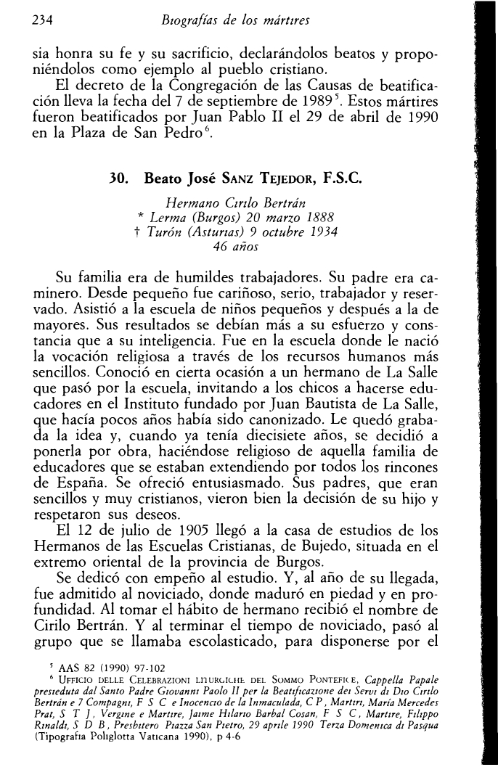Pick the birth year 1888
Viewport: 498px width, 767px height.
(327, 215)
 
